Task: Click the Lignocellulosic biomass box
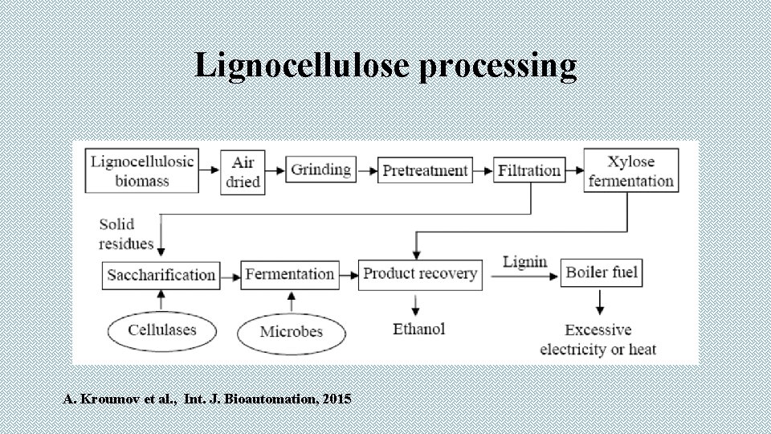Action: pyautogui.click(x=142, y=170)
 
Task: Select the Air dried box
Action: pyautogui.click(x=243, y=172)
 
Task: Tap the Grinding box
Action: pyautogui.click(x=320, y=170)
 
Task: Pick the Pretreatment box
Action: pyautogui.click(x=424, y=170)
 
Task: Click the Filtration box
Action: pyautogui.click(x=528, y=170)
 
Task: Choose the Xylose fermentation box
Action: pyautogui.click(x=630, y=170)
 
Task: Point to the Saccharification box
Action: pyautogui.click(x=161, y=275)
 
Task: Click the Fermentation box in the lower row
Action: pyautogui.click(x=289, y=274)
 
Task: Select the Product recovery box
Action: pyautogui.click(x=420, y=274)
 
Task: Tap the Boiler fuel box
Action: pyautogui.click(x=602, y=273)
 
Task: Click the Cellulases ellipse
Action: pyautogui.click(x=161, y=330)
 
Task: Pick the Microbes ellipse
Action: pyautogui.click(x=291, y=331)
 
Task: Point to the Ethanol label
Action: pyautogui.click(x=418, y=329)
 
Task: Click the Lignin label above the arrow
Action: pyautogui.click(x=524, y=262)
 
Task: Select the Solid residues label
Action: pyautogui.click(x=126, y=233)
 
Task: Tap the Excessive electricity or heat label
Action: pyautogui.click(x=598, y=339)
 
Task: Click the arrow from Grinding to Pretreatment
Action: pyautogui.click(x=365, y=170)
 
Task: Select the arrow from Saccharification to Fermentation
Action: pyautogui.click(x=230, y=275)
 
